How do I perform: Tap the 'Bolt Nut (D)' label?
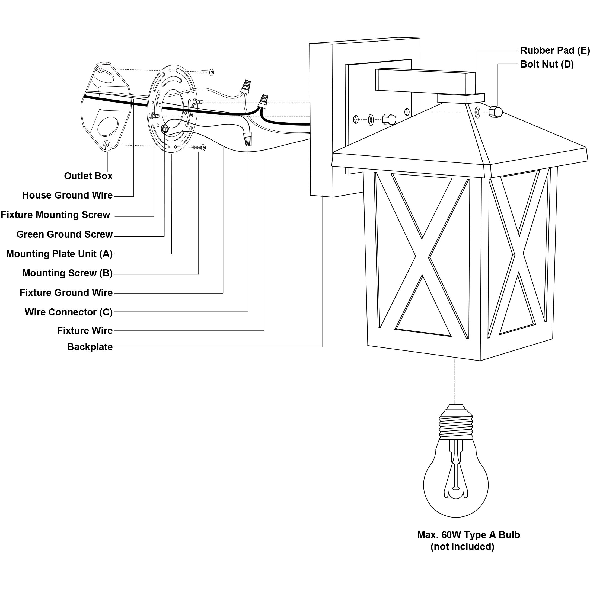(x=547, y=65)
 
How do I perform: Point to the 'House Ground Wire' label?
(x=67, y=195)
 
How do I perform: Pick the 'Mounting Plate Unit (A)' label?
(x=59, y=254)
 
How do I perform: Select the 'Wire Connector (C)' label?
(x=69, y=312)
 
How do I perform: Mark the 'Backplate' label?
(x=90, y=347)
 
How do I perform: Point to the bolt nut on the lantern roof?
(x=495, y=112)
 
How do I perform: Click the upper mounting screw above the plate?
(x=207, y=72)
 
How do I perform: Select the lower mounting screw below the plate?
(x=199, y=148)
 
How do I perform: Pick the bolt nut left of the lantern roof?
(x=389, y=119)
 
